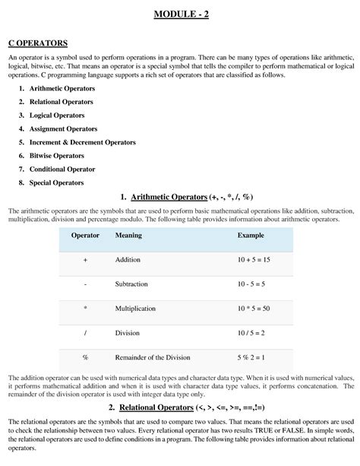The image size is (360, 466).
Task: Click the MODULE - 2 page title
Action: [x=179, y=14]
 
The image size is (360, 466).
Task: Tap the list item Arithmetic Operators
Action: [x=62, y=89]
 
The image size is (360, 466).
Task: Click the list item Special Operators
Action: [x=57, y=182]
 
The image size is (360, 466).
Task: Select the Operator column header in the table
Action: [x=85, y=236]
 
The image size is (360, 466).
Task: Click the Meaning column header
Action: [x=128, y=236]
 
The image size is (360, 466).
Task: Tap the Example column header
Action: [x=251, y=236]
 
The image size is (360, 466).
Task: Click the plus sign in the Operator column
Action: [x=86, y=260]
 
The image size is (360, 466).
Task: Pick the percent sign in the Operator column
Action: [x=86, y=357]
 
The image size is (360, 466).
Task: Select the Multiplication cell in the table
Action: [x=135, y=309]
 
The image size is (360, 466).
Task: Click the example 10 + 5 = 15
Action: [x=256, y=260]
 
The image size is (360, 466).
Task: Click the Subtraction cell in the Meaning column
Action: [x=132, y=284]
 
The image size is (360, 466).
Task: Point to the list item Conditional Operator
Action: [x=62, y=169]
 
